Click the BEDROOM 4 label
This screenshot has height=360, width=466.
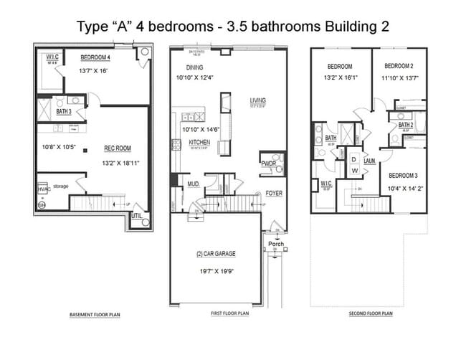(x=96, y=57)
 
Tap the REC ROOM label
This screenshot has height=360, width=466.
(x=118, y=148)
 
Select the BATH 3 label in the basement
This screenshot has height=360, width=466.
(x=65, y=112)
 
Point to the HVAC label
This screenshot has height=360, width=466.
(x=43, y=189)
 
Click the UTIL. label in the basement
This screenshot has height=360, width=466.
(x=137, y=214)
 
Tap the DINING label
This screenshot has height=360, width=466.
(x=186, y=67)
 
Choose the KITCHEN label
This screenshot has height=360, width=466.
(x=199, y=143)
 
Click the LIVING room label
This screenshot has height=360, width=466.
(x=258, y=100)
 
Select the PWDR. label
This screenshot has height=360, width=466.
(x=269, y=164)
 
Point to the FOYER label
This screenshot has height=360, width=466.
(x=274, y=194)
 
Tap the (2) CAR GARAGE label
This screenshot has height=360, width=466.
(x=216, y=254)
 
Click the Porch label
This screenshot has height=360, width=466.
(x=276, y=244)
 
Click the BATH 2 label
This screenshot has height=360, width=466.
(x=405, y=124)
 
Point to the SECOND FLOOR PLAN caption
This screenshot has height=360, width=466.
(x=371, y=314)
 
